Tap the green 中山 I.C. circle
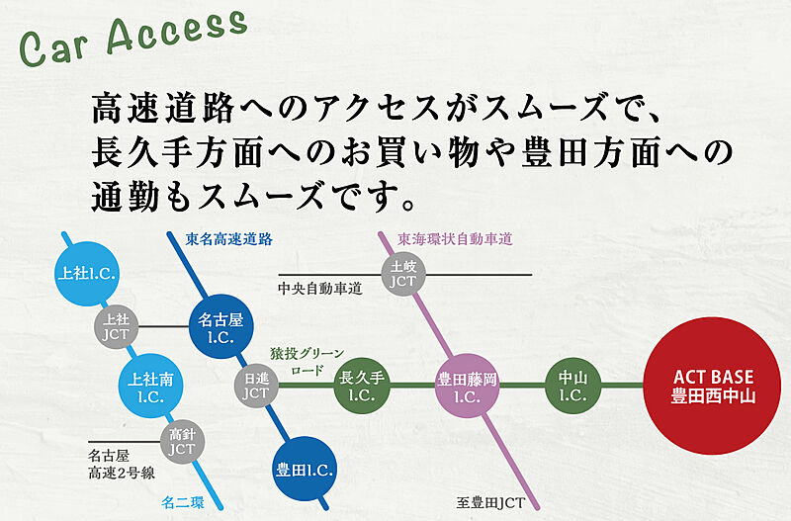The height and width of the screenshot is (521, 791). click(573, 386)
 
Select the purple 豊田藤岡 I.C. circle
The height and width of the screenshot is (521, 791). click(467, 386)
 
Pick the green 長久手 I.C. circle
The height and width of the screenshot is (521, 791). click(362, 386)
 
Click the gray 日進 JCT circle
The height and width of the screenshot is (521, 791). click(256, 386)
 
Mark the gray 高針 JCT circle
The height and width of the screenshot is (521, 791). click(182, 441)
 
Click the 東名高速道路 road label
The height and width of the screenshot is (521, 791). click(229, 239)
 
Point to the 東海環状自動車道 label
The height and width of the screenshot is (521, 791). click(455, 239)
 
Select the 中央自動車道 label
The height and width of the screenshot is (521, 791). click(320, 289)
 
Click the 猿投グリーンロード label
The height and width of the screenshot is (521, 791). click(307, 360)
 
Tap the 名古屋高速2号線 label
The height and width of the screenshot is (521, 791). click(122, 465)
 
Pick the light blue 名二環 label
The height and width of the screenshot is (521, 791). click(184, 502)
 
